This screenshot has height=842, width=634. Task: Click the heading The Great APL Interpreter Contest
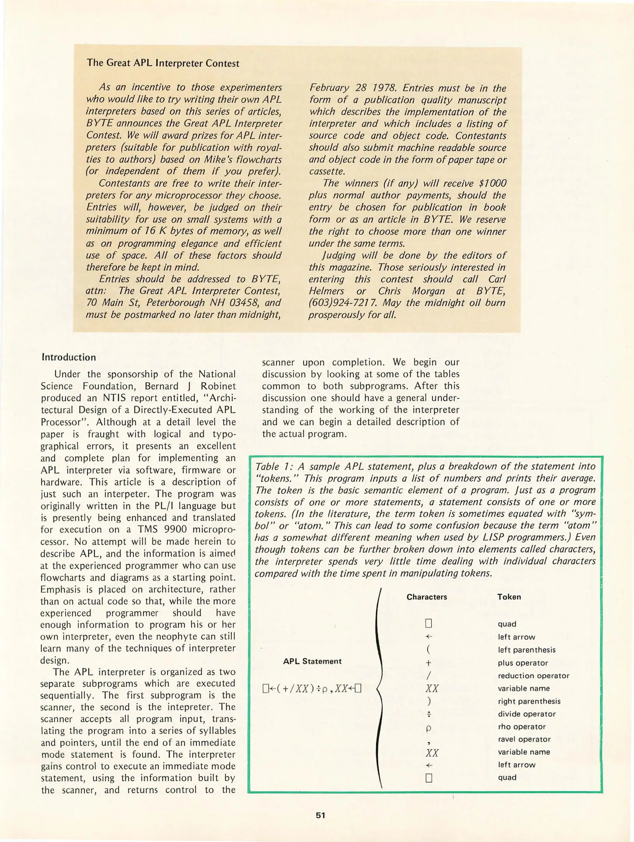pyautogui.click(x=163, y=63)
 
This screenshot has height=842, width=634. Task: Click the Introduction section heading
pyautogui.click(x=69, y=357)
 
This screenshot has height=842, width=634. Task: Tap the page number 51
pyautogui.click(x=320, y=815)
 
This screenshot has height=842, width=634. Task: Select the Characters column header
pyautogui.click(x=427, y=597)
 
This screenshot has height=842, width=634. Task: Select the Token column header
pyautogui.click(x=509, y=597)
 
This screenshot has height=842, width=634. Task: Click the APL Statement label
pyautogui.click(x=312, y=661)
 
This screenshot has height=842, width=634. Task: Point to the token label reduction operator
pyautogui.click(x=533, y=676)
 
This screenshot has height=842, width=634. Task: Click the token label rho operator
pyautogui.click(x=522, y=727)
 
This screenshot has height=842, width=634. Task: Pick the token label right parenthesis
pyautogui.click(x=529, y=701)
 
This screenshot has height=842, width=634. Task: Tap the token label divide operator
pyautogui.click(x=526, y=714)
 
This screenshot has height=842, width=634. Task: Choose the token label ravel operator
pyautogui.click(x=524, y=739)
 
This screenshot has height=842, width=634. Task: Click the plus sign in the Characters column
pyautogui.click(x=429, y=663)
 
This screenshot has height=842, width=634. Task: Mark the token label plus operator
pyautogui.click(x=523, y=663)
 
